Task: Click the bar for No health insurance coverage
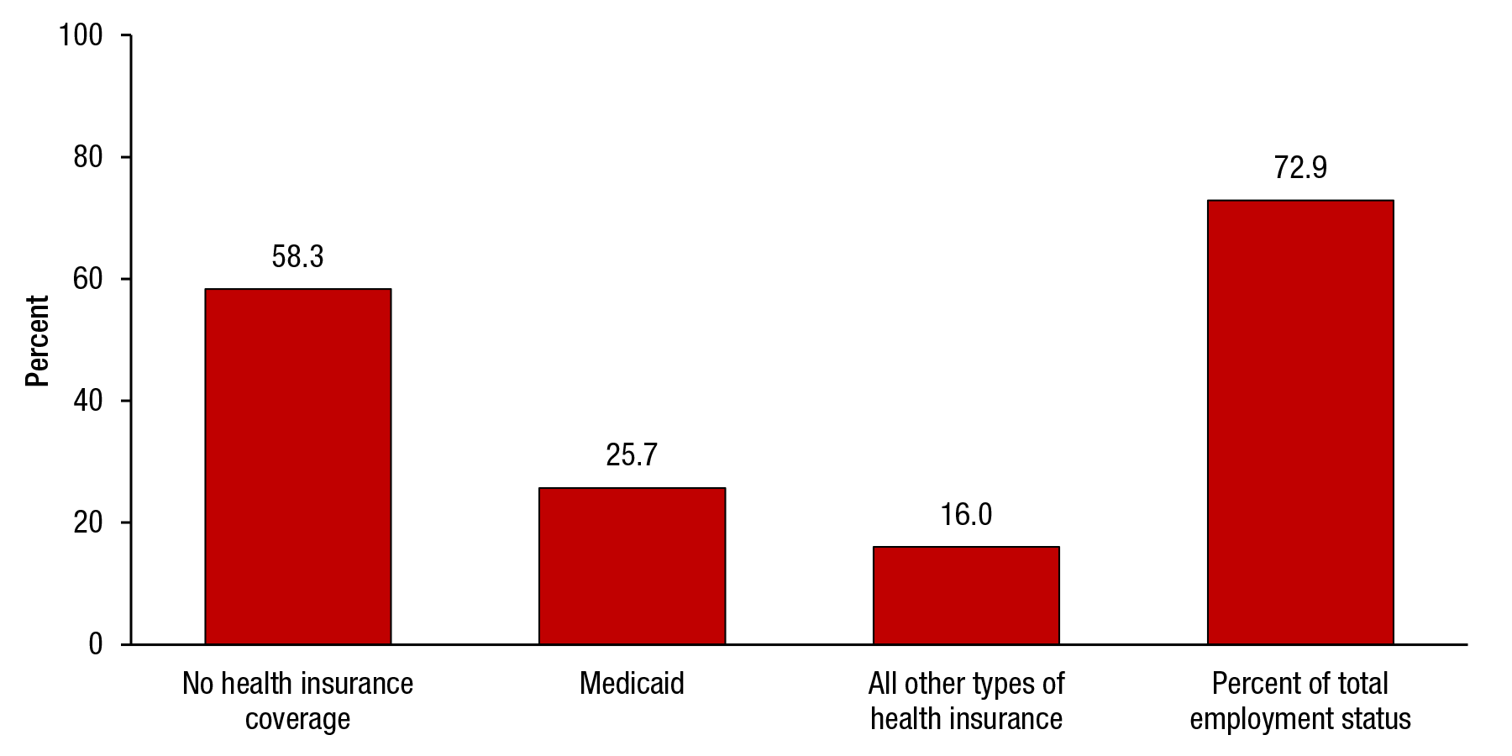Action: click(x=297, y=466)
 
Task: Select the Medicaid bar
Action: click(x=632, y=565)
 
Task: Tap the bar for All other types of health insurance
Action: click(x=966, y=595)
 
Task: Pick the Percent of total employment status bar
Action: click(x=1300, y=422)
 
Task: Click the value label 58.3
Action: click(x=297, y=257)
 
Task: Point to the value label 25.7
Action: click(x=632, y=455)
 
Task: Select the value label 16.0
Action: click(x=966, y=515)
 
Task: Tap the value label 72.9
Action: click(x=1300, y=168)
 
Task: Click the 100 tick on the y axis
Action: click(x=80, y=35)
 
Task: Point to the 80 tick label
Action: click(x=87, y=157)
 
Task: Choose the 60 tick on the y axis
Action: click(x=87, y=279)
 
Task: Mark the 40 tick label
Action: click(x=87, y=401)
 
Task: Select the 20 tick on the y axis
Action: click(x=87, y=522)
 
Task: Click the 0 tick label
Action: click(x=95, y=644)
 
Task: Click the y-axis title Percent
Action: click(x=37, y=340)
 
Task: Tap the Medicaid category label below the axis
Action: click(x=632, y=684)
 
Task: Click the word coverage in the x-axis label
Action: click(x=297, y=720)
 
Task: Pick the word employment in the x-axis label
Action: click(x=1262, y=720)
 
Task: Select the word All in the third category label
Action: click(x=882, y=684)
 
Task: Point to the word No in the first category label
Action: click(x=198, y=684)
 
